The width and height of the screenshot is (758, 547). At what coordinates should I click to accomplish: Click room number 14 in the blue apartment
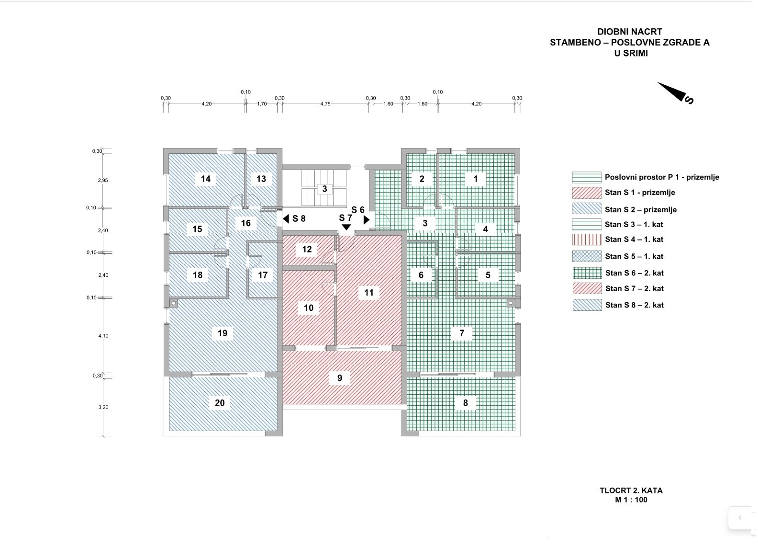(x=206, y=179)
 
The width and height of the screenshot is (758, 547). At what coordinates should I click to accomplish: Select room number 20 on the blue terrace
(x=220, y=403)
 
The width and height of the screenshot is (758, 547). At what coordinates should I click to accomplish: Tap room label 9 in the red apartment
(x=340, y=378)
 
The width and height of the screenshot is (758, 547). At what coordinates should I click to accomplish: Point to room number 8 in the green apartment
(x=466, y=403)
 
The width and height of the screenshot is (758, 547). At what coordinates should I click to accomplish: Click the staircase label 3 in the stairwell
(x=324, y=189)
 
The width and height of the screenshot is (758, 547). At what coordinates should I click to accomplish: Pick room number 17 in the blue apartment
(x=263, y=275)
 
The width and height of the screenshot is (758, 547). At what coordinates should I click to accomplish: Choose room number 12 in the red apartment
(x=307, y=249)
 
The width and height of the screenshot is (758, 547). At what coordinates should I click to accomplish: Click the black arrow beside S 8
(x=286, y=219)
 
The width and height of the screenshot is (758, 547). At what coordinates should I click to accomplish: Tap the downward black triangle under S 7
(x=346, y=227)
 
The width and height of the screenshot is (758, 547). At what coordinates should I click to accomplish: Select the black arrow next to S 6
(x=367, y=220)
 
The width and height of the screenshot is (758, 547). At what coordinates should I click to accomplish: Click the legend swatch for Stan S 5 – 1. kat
(x=587, y=256)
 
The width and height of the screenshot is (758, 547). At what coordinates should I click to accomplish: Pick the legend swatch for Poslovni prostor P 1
(x=587, y=177)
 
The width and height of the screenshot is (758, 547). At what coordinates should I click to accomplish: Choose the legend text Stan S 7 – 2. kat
(x=635, y=288)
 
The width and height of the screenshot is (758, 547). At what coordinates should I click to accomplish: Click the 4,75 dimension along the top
(x=325, y=103)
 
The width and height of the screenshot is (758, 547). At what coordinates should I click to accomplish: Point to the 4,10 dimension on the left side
(x=103, y=336)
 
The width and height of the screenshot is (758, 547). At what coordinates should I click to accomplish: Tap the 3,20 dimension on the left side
(x=103, y=407)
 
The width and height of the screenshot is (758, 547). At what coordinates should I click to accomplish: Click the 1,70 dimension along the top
(x=262, y=103)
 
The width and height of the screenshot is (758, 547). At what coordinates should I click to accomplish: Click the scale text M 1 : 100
(x=631, y=500)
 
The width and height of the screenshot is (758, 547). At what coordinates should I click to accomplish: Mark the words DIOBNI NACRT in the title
(x=630, y=32)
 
